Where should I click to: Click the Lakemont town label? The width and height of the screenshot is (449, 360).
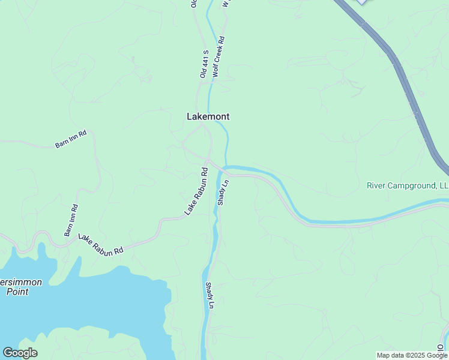click(x=208, y=116)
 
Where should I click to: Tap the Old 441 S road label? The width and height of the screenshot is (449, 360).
click(x=204, y=64)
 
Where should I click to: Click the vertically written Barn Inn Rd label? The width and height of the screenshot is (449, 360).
click(x=71, y=220)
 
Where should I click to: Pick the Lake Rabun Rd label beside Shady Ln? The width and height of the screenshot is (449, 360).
click(x=196, y=191)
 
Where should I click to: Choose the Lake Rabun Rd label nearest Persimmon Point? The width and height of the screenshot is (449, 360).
click(x=100, y=244)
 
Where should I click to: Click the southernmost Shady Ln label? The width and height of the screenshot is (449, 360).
click(x=210, y=296)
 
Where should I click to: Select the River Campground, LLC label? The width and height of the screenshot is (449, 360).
click(x=408, y=186)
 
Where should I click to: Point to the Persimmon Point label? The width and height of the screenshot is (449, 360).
click(x=17, y=287)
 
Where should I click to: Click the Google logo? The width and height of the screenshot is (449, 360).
click(x=20, y=353)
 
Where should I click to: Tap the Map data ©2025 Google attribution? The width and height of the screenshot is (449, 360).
click(x=412, y=355)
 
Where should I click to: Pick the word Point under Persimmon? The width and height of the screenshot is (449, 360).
click(x=17, y=292)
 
